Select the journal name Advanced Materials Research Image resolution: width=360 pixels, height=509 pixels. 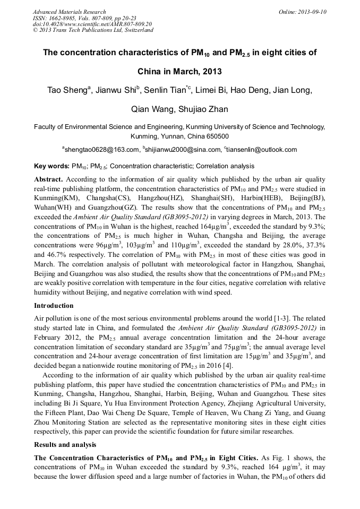[69, 12]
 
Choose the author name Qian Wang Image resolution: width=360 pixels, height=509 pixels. [151, 109]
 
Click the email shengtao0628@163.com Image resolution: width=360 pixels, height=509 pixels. [101, 150]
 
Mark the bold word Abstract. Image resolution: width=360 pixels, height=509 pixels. [48, 179]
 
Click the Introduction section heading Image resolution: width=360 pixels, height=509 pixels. [54, 306]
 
